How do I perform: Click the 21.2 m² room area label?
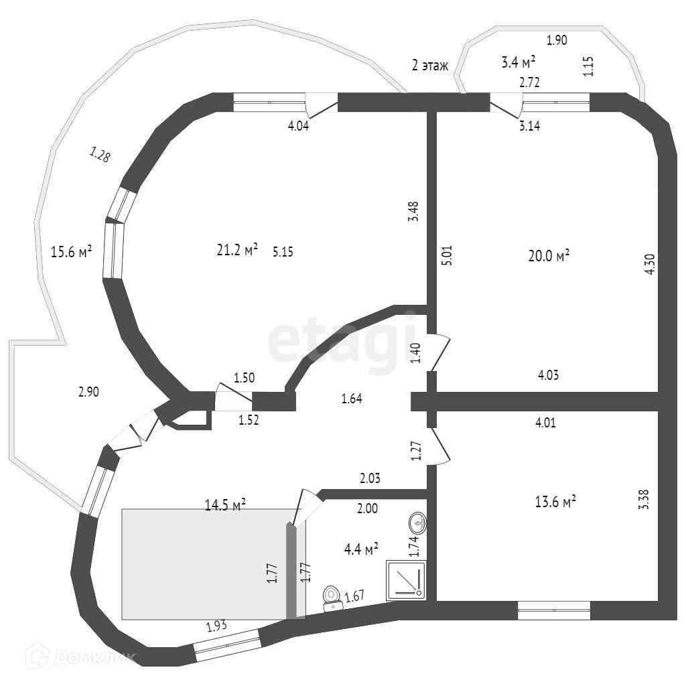237,251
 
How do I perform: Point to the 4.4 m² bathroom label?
361,549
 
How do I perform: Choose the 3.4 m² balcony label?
518,62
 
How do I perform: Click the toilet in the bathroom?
332,598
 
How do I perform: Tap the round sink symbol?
417,521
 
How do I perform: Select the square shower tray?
405,579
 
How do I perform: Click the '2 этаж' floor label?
429,65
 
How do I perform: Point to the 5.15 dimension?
283,252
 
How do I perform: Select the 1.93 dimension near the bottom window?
216,627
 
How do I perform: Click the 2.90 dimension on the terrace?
88,393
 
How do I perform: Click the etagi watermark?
342,342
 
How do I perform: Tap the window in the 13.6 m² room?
554,610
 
